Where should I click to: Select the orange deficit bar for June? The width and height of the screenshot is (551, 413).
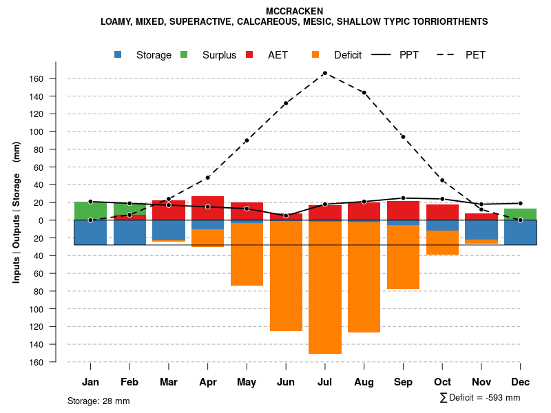tap(286, 276)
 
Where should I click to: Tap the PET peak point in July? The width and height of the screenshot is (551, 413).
tap(325, 73)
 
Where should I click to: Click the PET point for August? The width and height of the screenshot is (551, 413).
tap(364, 93)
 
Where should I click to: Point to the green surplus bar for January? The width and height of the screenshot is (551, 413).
tap(90, 211)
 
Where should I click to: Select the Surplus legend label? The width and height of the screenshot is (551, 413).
tap(219, 55)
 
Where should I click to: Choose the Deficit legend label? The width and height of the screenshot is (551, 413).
tap(348, 55)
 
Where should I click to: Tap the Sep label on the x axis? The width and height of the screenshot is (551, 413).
tap(403, 382)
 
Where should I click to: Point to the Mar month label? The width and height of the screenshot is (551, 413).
tap(168, 382)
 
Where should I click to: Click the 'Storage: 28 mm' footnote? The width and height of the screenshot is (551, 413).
tap(98, 401)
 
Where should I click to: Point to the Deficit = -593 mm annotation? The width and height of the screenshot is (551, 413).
tap(480, 398)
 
